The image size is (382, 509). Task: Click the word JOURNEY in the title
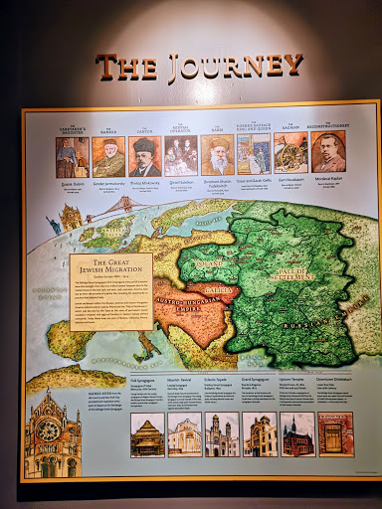click(x=237, y=67)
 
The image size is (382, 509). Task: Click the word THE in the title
click(x=126, y=68)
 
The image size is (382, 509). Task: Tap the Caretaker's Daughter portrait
click(x=72, y=157)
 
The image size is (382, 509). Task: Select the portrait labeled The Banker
click(x=108, y=157)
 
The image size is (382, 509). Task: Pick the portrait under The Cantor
click(x=144, y=156)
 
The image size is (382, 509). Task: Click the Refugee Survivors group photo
click(x=180, y=156)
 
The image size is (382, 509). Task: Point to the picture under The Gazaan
click(x=289, y=153)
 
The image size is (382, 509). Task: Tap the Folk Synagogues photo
click(x=148, y=435)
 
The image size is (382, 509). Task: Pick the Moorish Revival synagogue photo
click(x=185, y=435)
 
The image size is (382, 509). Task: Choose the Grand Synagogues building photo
click(x=260, y=434)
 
